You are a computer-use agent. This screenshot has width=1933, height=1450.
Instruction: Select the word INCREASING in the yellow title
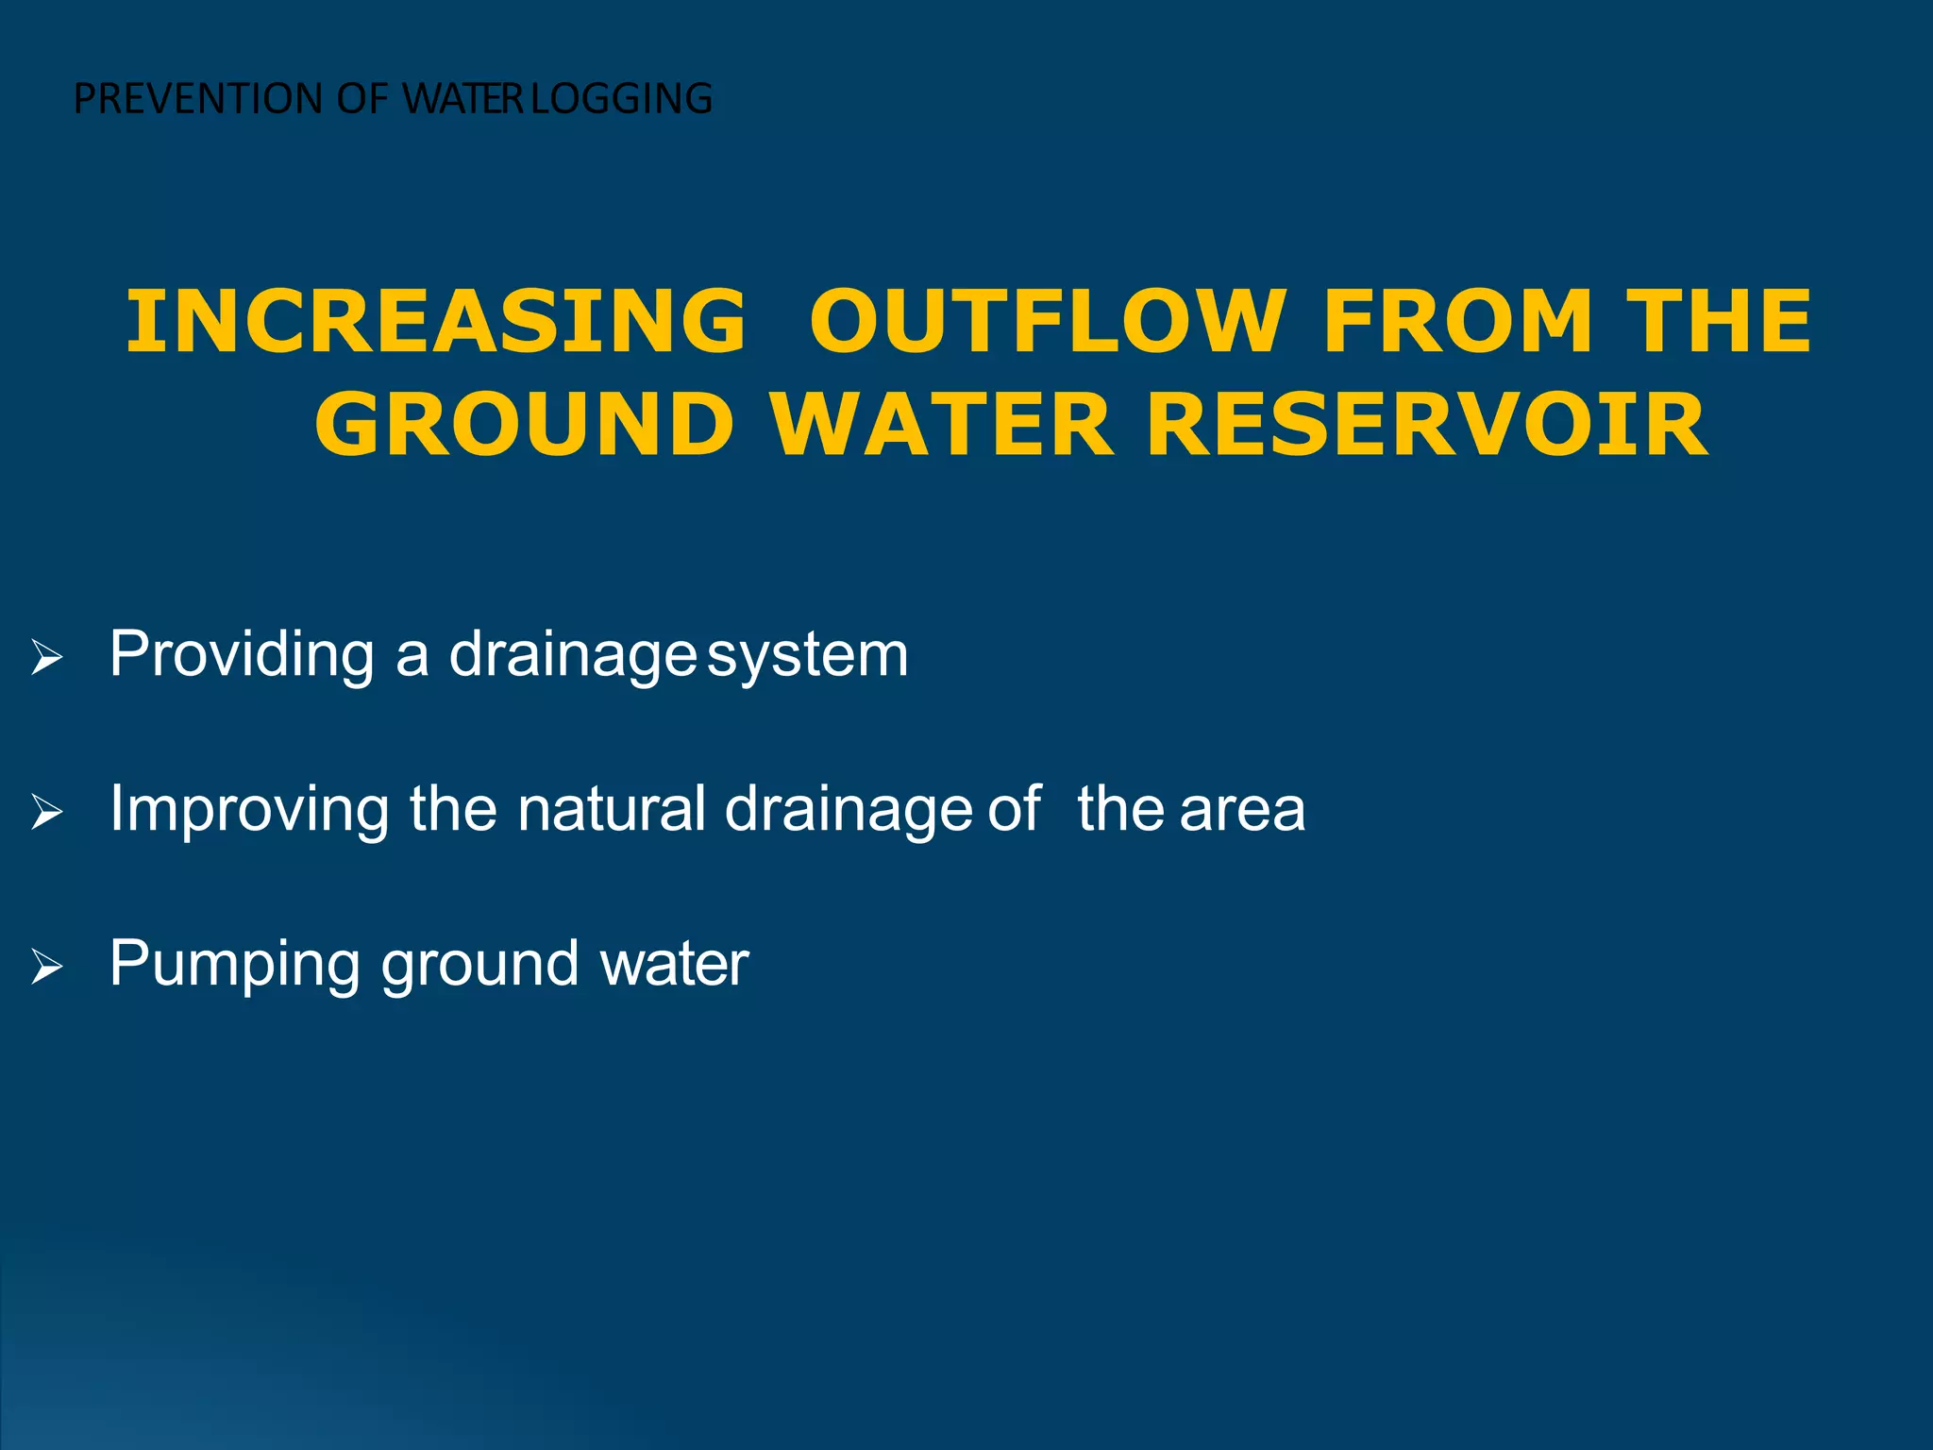(x=436, y=322)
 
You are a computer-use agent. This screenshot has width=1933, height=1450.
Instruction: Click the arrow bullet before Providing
(x=46, y=657)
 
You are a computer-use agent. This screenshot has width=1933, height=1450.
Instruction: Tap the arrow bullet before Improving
(x=46, y=812)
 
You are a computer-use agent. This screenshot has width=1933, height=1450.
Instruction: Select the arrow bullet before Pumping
(x=46, y=967)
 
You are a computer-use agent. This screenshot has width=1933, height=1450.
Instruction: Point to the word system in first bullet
(x=808, y=655)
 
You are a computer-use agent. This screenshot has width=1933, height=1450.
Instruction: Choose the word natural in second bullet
(x=612, y=808)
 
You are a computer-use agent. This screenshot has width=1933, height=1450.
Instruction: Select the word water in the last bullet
(x=674, y=965)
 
